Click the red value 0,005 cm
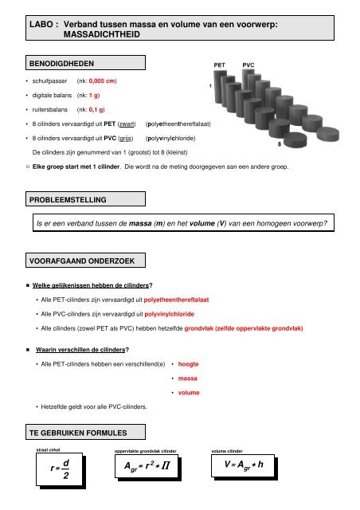pos(104,81)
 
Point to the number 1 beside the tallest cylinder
pos(209,85)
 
